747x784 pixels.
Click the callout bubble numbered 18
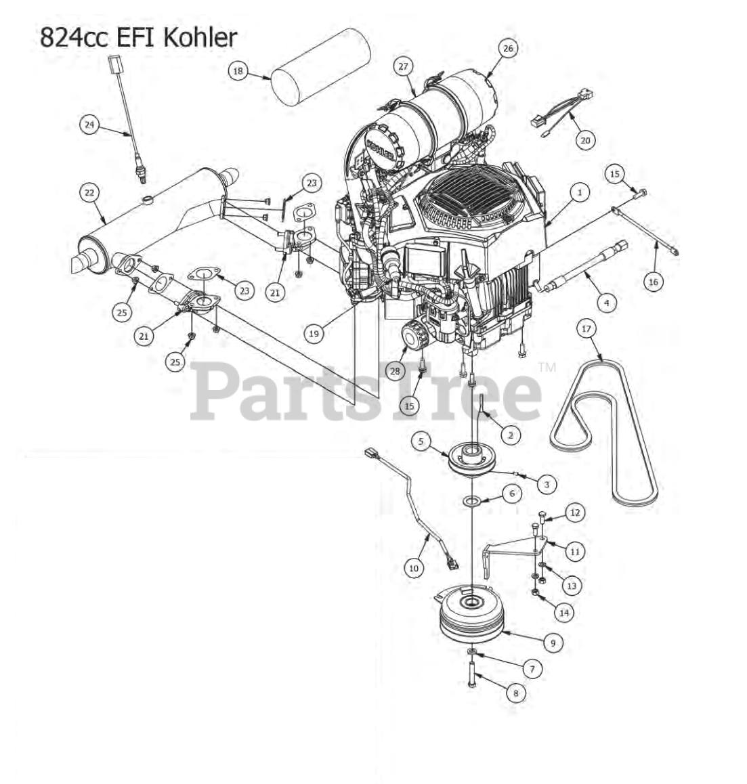coord(238,71)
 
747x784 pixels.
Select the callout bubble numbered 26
coord(508,49)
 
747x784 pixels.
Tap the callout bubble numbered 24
coord(89,124)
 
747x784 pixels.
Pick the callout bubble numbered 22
coord(89,192)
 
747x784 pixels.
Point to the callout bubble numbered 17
coord(586,329)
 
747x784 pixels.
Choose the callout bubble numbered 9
coord(553,643)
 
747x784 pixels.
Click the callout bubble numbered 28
coord(395,370)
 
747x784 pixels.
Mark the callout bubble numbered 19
coord(314,333)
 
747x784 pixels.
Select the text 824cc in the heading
coord(74,37)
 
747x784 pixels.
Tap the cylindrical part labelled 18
coord(320,67)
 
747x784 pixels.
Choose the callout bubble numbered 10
coord(414,567)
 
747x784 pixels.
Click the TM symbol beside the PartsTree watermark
coord(547,368)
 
